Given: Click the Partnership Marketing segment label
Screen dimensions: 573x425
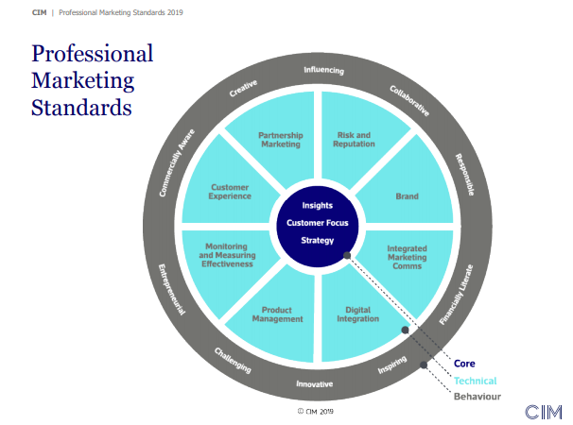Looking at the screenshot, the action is coord(281,140).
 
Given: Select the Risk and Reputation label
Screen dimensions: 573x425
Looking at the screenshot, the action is coord(354,140).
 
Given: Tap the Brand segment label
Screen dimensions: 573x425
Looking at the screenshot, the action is coord(408,196).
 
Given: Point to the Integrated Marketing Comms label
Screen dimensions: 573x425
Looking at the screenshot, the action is coord(408,257).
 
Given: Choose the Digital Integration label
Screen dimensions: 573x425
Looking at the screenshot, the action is coord(357,314).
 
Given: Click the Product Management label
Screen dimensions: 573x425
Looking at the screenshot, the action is coord(277,314).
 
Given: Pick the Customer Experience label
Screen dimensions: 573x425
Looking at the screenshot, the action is coord(230,192).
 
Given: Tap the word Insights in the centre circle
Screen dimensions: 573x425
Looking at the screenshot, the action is coord(317,206).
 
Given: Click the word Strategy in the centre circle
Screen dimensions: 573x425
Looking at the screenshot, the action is coord(317,240).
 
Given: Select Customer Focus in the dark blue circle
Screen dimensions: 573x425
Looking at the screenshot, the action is coord(317,223).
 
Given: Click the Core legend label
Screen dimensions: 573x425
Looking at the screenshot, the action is coord(464,364).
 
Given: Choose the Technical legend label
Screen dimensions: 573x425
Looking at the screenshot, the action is coord(475,381).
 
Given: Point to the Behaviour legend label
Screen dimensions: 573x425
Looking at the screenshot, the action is coord(477,397).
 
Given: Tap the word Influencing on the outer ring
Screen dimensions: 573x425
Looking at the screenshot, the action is coord(323,70).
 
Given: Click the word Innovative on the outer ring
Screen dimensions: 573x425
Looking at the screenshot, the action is coord(314,383).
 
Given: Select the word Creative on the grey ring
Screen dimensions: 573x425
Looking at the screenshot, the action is coord(243,89).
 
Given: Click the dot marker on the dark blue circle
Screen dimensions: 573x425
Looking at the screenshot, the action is coord(347,256).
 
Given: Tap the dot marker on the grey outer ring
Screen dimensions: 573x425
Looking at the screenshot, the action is coord(424,365).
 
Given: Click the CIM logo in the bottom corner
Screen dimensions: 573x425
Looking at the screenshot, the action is coord(544,412).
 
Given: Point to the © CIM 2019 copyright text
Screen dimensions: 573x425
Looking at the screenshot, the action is coord(316,412).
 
